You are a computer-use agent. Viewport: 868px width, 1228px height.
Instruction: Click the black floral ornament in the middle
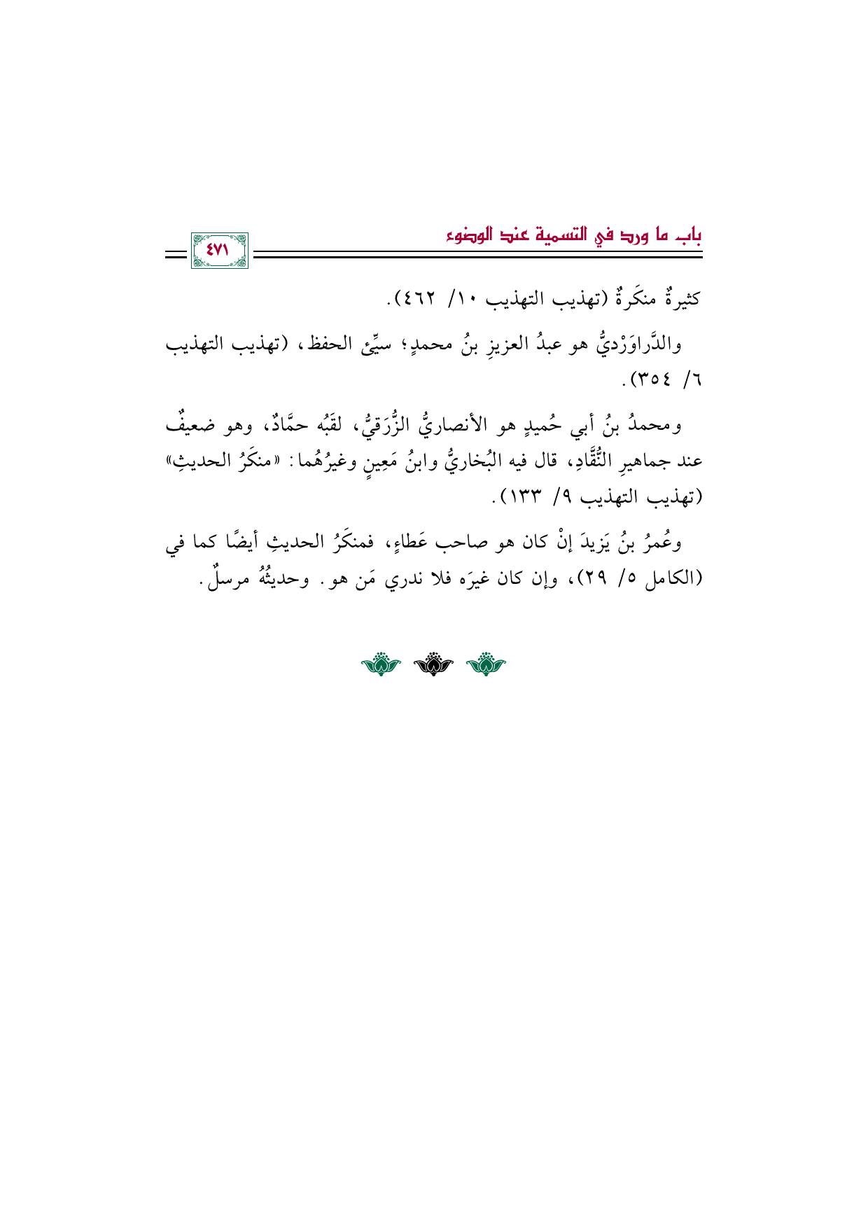point(433,664)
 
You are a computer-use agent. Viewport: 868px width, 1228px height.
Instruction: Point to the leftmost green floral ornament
point(380,664)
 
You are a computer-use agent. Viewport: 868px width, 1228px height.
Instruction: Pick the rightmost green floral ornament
point(486,664)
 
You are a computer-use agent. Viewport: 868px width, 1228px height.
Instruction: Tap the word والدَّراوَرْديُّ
point(642,345)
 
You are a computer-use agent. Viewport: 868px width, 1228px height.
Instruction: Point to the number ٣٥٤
point(650,381)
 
